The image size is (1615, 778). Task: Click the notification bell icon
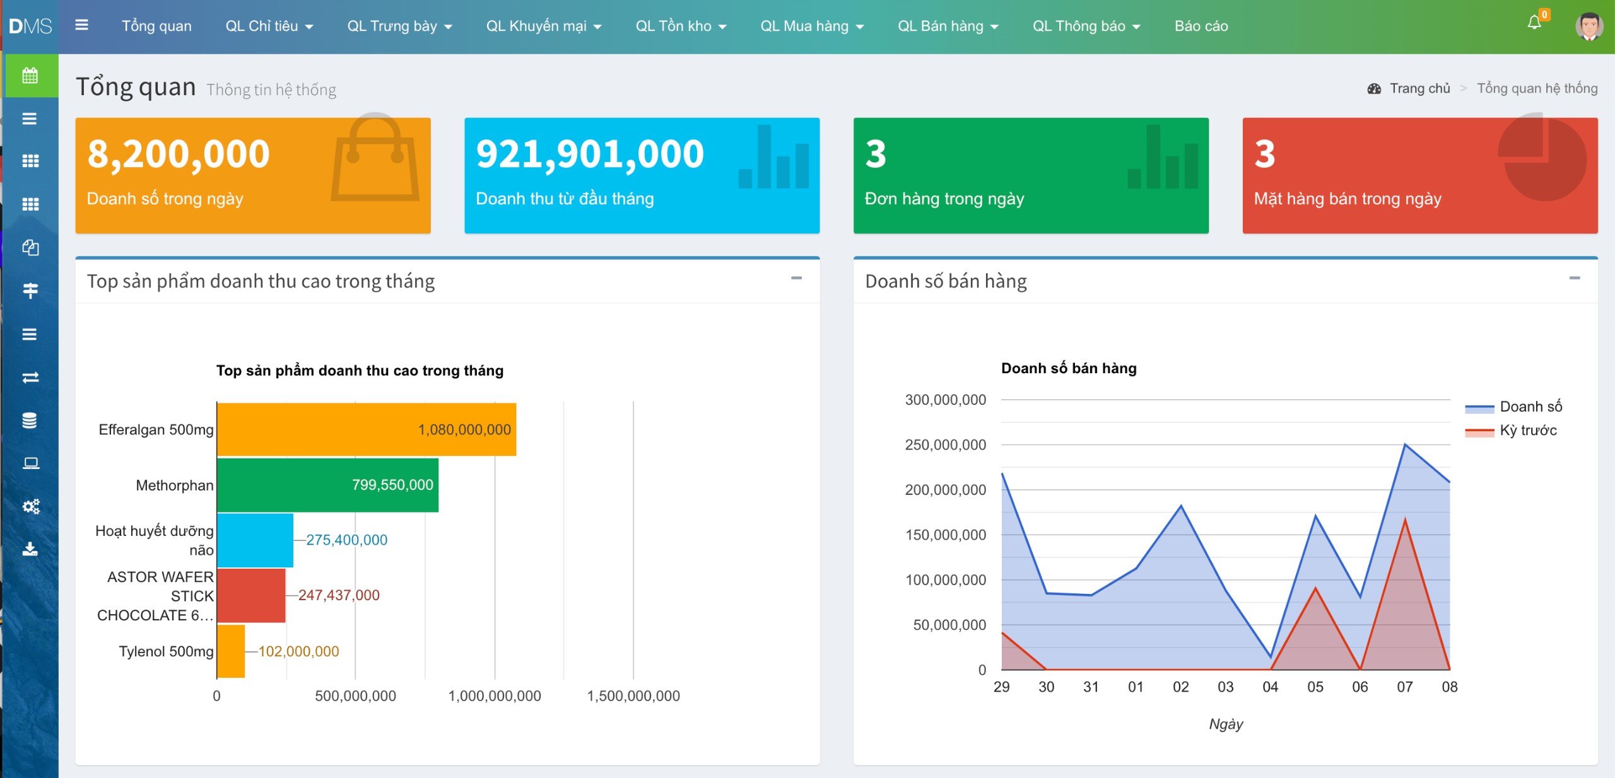pyautogui.click(x=1534, y=23)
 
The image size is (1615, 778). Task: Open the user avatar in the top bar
pyautogui.click(x=1589, y=26)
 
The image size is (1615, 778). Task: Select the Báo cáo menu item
pyautogui.click(x=1201, y=26)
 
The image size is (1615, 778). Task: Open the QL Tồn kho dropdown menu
pyautogui.click(x=681, y=26)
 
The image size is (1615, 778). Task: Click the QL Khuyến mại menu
pyautogui.click(x=543, y=26)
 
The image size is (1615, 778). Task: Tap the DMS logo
pyautogui.click(x=30, y=26)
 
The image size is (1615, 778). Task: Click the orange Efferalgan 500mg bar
pyautogui.click(x=367, y=429)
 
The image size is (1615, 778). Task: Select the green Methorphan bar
pyautogui.click(x=327, y=485)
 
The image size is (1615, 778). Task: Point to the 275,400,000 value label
pyautogui.click(x=346, y=540)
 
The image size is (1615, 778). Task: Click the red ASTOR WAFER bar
pyautogui.click(x=251, y=595)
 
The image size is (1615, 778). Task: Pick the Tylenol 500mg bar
pyautogui.click(x=231, y=651)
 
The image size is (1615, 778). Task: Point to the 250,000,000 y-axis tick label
pyautogui.click(x=945, y=444)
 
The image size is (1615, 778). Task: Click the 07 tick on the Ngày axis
pyautogui.click(x=1405, y=687)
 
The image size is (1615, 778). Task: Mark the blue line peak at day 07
pyautogui.click(x=1405, y=444)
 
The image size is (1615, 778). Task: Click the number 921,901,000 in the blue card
pyautogui.click(x=590, y=153)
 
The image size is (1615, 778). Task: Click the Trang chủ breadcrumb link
pyautogui.click(x=1419, y=88)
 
